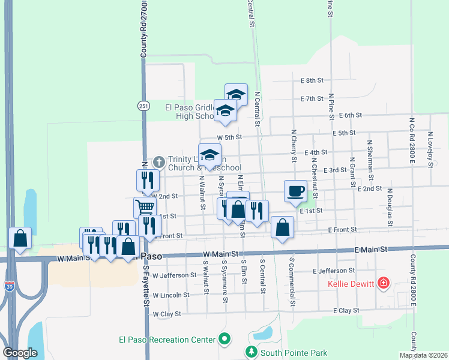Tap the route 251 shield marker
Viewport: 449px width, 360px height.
[143, 106]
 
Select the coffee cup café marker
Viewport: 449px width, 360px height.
[295, 191]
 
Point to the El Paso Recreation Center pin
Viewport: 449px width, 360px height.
[224, 340]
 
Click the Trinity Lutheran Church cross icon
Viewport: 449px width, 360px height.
[158, 161]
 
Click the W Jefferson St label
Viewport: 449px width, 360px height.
[175, 275]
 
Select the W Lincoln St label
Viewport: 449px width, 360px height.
[171, 295]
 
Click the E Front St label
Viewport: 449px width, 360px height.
[342, 230]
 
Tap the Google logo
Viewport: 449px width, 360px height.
[20, 353]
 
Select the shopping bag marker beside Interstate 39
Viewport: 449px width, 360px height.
[20, 238]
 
